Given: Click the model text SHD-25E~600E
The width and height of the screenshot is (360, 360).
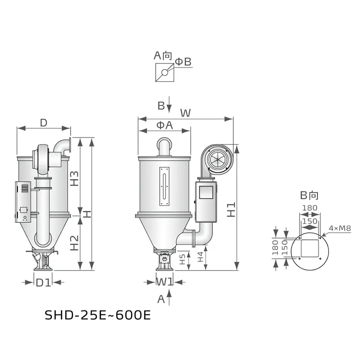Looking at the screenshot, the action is (98, 315).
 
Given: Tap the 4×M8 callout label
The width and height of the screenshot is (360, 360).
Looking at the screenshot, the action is (340, 228).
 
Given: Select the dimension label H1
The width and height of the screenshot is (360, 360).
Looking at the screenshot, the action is (231, 209).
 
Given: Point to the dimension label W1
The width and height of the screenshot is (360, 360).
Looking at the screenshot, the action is (164, 282).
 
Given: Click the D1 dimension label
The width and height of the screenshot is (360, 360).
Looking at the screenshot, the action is (43, 283).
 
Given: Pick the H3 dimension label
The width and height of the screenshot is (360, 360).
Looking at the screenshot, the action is (74, 178).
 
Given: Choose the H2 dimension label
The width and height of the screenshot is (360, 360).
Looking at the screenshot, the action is (74, 243).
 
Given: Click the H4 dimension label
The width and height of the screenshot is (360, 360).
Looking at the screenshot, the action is (200, 257).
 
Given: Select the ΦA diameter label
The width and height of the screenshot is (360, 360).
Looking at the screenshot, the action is (165, 125).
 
